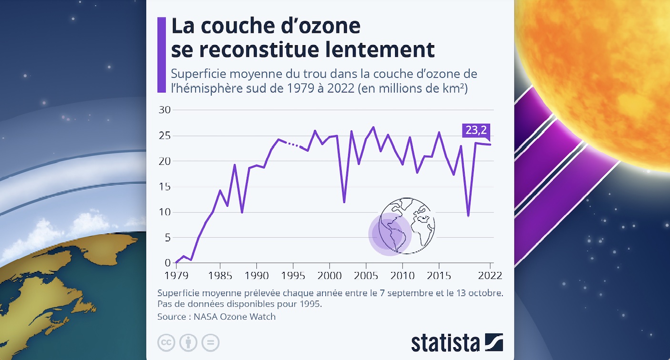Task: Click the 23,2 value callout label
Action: click(475, 130)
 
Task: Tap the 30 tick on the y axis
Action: click(164, 110)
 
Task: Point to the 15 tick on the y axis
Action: click(164, 187)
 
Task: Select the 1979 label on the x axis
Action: click(175, 275)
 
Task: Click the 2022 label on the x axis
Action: click(489, 275)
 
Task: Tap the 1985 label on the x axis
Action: click(220, 275)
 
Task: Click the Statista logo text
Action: click(445, 342)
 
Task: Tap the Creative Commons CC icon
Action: click(166, 342)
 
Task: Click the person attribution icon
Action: click(188, 342)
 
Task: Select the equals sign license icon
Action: click(210, 342)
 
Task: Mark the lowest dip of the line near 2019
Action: click(468, 216)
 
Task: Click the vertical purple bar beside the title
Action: click(162, 55)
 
